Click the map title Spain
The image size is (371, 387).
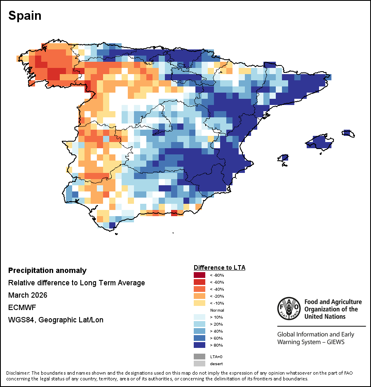point(25,16)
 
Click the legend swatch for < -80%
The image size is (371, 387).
point(200,275)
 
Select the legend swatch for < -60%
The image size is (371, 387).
point(200,282)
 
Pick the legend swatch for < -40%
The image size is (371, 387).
point(200,289)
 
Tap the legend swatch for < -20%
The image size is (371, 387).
point(200,296)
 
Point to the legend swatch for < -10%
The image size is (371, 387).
point(200,303)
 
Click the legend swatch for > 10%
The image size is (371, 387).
point(200,317)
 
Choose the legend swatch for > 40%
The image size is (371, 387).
point(200,331)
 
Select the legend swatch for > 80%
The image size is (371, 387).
point(200,345)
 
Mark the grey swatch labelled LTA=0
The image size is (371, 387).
point(200,357)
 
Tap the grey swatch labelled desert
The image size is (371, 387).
point(200,364)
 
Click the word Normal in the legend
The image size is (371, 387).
point(217,310)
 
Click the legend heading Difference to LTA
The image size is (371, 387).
point(219,268)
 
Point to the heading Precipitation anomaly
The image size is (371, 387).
point(47,270)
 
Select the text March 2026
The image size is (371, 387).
point(28,295)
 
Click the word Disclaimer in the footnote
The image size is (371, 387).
point(19,373)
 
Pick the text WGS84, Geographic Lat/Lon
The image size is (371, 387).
point(56,320)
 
